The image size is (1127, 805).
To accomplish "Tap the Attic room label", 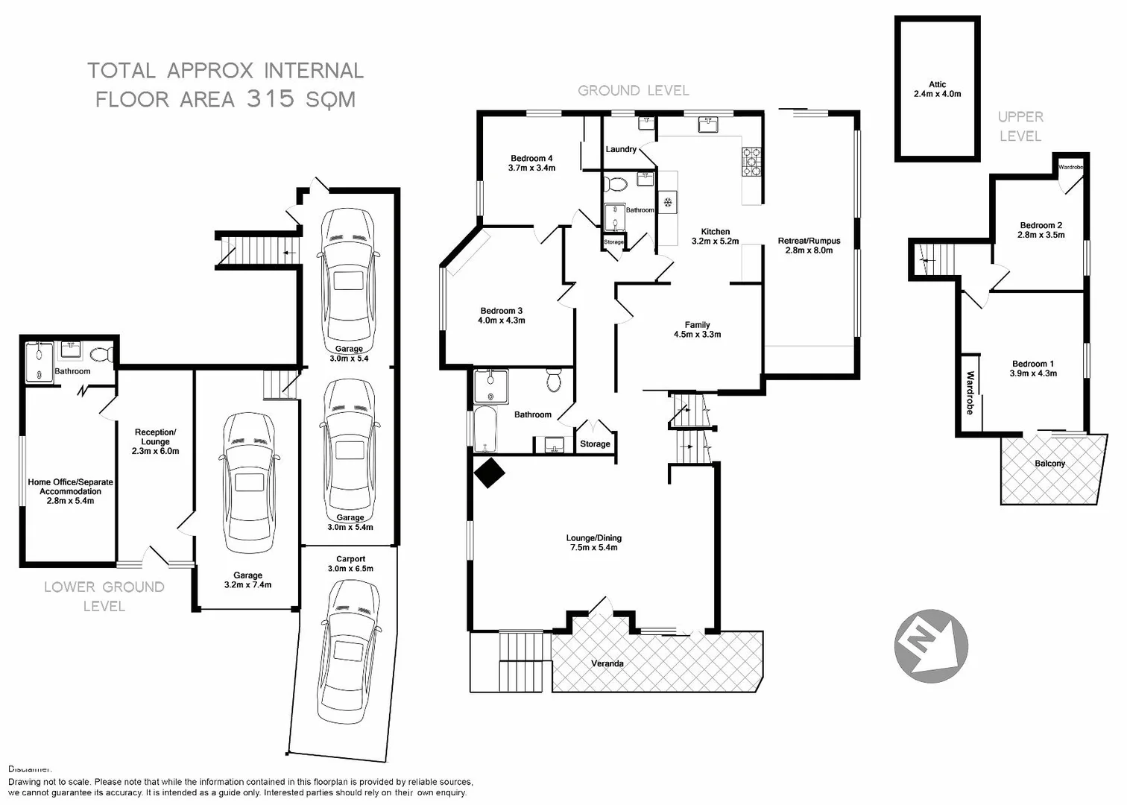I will [x=937, y=85].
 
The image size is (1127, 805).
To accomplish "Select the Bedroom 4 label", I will [x=531, y=158].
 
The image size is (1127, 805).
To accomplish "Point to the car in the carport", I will [x=348, y=650].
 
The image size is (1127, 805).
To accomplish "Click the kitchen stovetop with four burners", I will [x=751, y=162].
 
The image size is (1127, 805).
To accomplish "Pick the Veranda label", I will [x=607, y=663].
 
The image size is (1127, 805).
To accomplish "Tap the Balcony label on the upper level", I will [x=1049, y=464].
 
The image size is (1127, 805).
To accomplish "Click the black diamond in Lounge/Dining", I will [x=490, y=473].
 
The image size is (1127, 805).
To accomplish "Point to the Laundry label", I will [x=621, y=149].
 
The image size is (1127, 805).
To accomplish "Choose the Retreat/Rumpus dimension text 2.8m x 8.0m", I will [x=809, y=250].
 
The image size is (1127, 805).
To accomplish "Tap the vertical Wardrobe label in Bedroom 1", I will [x=970, y=393].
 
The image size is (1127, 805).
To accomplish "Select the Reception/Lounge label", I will [x=155, y=437].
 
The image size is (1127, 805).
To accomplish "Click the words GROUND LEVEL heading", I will [x=634, y=90].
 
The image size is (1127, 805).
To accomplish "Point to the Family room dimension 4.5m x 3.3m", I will [x=697, y=335].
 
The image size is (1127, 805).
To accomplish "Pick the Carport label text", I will [x=350, y=559].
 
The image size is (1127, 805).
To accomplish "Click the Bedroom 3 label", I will [x=501, y=311].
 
